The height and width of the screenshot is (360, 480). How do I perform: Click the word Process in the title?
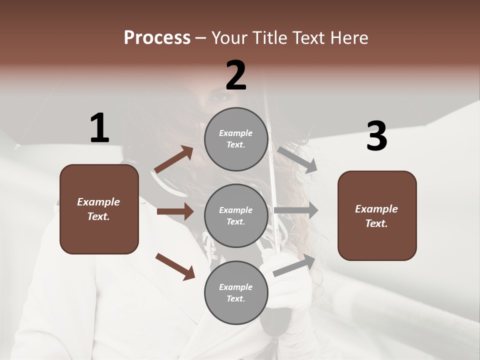(157, 38)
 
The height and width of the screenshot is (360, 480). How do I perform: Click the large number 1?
(99, 128)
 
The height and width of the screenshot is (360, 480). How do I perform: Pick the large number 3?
(376, 136)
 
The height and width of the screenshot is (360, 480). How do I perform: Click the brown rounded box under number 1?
(99, 209)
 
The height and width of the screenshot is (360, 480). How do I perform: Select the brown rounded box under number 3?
(377, 216)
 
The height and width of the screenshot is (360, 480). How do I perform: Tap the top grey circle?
(236, 139)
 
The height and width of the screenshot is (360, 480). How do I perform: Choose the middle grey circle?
(236, 215)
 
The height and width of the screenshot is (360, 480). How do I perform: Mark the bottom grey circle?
(236, 292)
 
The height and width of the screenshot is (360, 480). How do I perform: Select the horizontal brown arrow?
(175, 211)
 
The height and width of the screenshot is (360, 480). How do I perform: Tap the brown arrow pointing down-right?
(175, 266)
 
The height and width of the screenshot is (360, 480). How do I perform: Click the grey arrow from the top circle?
(297, 159)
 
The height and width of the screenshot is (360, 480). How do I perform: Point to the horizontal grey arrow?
(296, 210)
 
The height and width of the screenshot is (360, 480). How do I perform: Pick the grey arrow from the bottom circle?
(294, 265)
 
